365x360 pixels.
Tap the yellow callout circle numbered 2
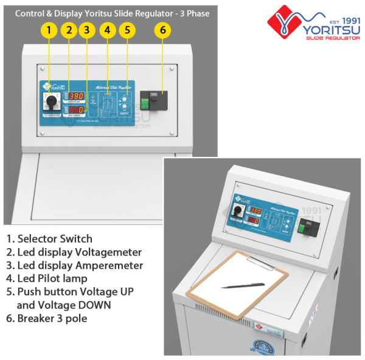[69, 30]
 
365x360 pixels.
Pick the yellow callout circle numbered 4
[108, 30]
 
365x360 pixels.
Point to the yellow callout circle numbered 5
[126, 30]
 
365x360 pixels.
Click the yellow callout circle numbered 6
[162, 30]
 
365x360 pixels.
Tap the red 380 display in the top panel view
[76, 96]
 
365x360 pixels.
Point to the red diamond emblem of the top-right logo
[283, 23]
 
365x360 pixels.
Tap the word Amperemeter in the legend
[109, 265]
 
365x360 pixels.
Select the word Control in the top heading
[30, 12]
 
